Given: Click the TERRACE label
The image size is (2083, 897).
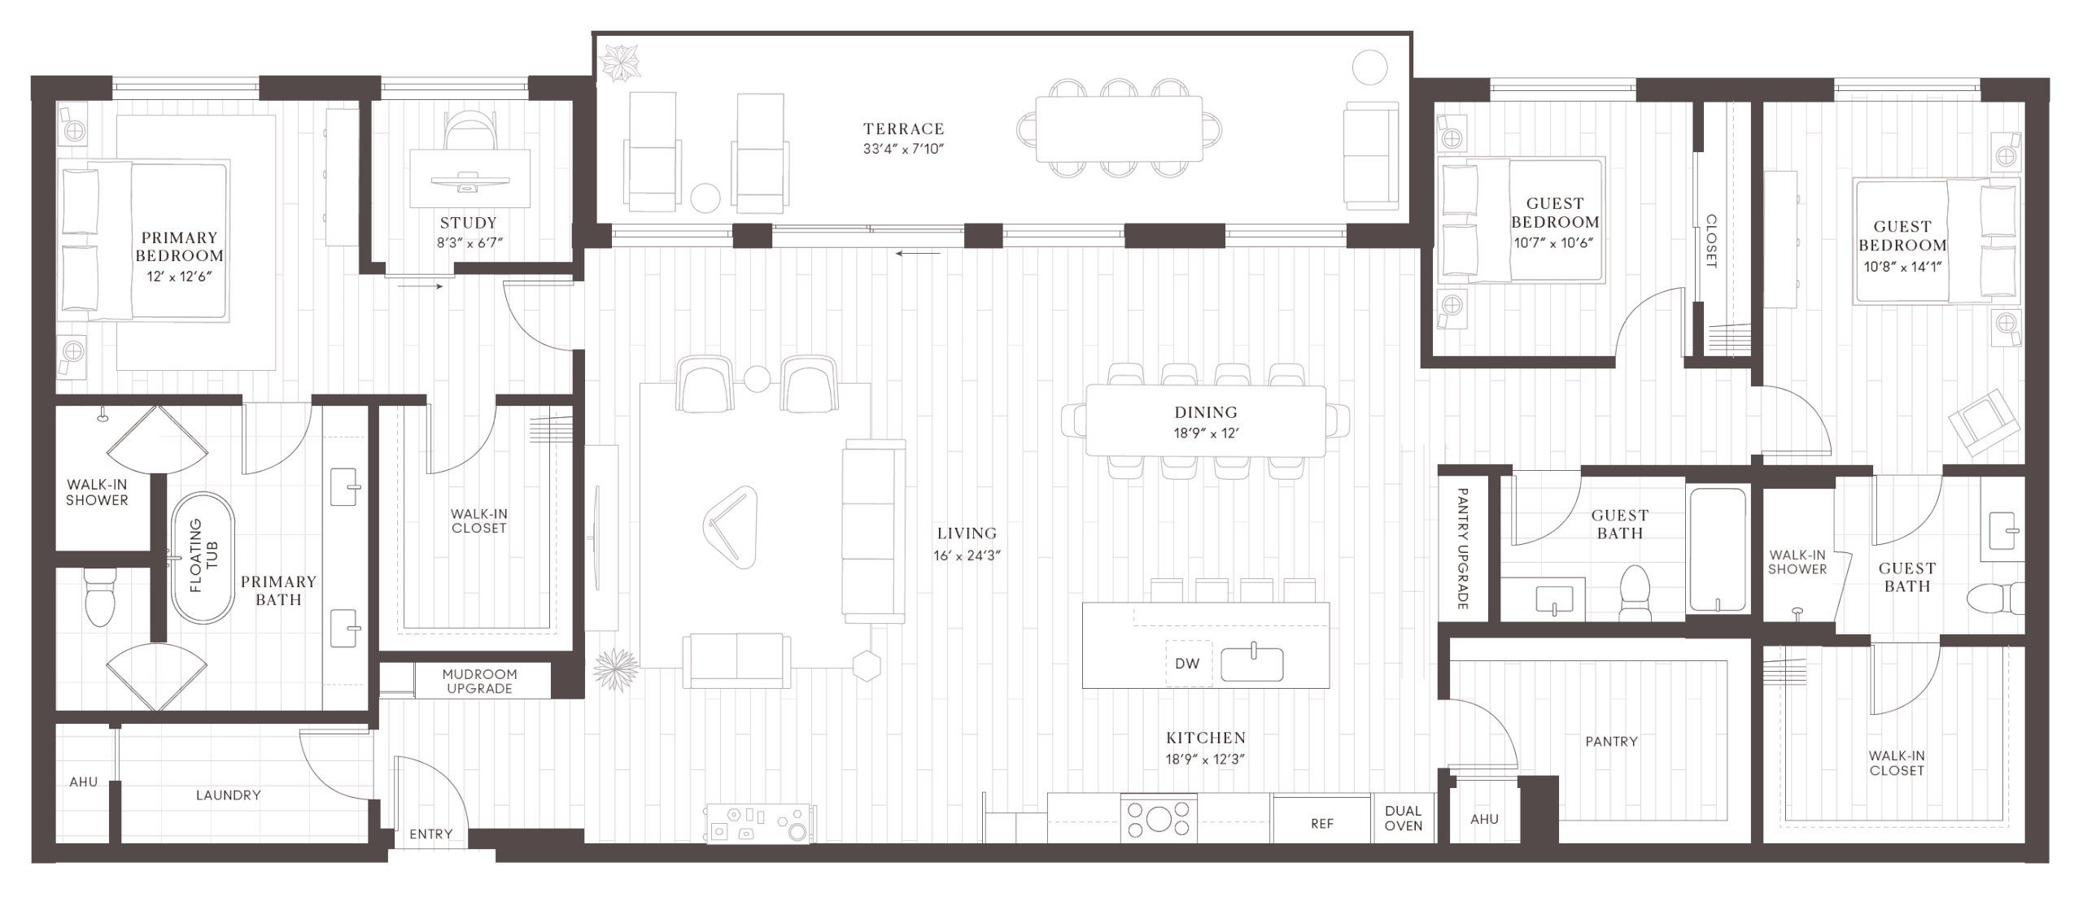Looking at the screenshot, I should [x=903, y=128].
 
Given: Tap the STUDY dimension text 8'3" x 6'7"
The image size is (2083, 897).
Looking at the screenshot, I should [x=469, y=242].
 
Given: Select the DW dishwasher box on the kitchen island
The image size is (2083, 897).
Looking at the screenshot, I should [x=1187, y=663].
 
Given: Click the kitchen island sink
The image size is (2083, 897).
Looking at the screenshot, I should [x=1252, y=663].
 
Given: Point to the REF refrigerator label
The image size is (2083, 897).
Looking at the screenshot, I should [x=1321, y=824].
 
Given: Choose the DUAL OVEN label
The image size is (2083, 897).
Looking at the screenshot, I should [x=1403, y=818].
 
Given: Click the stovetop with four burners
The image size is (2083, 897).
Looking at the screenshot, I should [x=1158, y=819].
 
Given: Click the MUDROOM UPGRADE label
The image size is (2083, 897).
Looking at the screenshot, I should [x=479, y=681].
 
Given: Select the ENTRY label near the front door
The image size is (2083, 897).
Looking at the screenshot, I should [x=430, y=834].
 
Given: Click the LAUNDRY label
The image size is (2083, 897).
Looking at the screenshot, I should [x=228, y=795].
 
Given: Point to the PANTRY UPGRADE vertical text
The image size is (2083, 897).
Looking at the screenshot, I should [x=1461, y=548].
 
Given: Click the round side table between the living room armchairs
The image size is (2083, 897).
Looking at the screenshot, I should [x=757, y=378].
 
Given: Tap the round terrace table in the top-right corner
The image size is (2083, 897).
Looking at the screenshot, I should [x=1369, y=67].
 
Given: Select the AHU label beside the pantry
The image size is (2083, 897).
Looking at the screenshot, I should [x=1484, y=819].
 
